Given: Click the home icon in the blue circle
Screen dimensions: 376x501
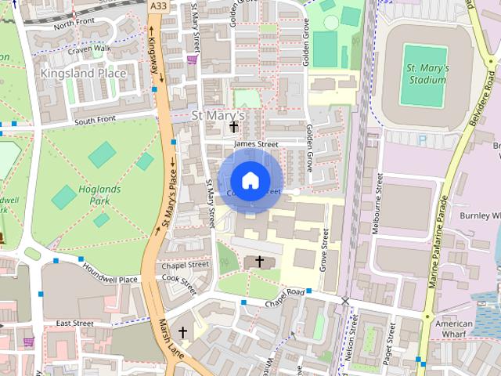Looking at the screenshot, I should pos(250,181).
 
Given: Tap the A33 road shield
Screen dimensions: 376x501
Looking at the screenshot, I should pos(157,5).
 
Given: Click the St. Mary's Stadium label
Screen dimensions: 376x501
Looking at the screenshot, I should pos(427,74).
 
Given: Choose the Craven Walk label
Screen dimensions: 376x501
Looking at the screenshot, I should pos(90,49).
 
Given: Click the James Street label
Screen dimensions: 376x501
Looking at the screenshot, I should pos(256,144).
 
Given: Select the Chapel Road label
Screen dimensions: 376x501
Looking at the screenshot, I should pos(283,292).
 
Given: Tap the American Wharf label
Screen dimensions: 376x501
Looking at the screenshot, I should pos(454,329).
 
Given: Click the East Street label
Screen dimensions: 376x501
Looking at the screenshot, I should pos(74,323).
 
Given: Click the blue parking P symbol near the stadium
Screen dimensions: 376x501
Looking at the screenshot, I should pos(423,139).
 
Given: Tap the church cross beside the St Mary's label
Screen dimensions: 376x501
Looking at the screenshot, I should pos(233,125).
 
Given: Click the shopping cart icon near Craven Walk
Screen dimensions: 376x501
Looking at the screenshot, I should pos(192,58).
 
